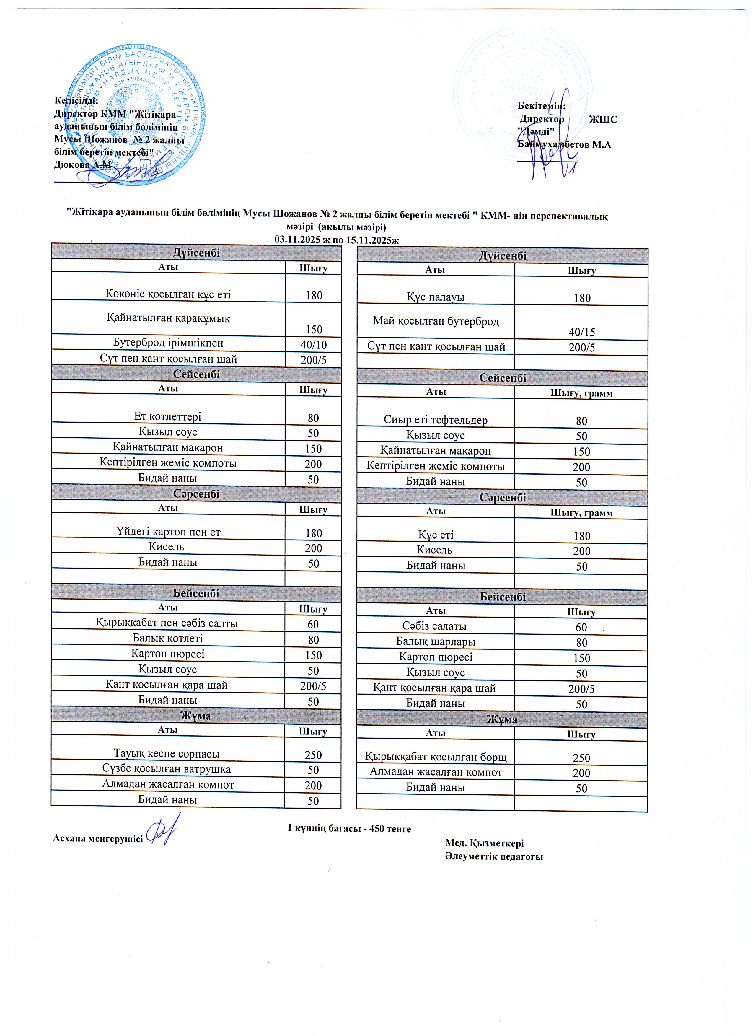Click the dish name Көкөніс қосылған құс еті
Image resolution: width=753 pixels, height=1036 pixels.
point(168,294)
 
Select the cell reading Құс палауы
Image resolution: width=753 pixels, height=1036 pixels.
point(436,297)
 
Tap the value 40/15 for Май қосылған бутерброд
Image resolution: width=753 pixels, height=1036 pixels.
point(581,332)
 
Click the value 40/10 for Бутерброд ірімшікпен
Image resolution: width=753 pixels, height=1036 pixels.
point(313,344)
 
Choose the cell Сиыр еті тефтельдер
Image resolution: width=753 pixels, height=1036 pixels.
point(436,420)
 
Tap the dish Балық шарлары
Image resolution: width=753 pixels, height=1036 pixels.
point(436,642)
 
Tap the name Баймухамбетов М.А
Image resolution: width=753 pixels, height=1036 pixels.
point(564,145)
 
